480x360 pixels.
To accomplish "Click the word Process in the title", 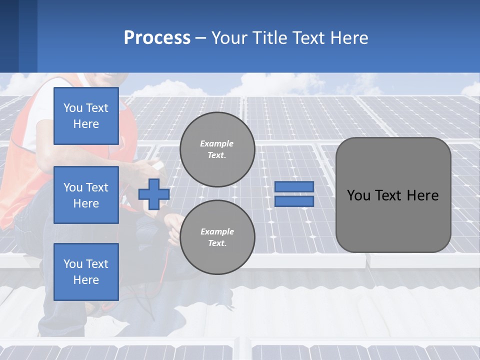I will point(157,38).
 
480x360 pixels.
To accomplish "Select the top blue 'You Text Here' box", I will point(86,116).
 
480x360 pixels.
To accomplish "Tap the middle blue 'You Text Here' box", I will point(86,195).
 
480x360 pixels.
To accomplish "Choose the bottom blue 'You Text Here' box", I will point(86,271).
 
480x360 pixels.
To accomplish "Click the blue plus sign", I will point(153,194).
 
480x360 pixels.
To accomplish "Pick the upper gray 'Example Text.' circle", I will point(217,149).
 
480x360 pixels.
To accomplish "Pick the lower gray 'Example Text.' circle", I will point(217,237).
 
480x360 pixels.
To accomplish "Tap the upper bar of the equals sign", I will point(294,187).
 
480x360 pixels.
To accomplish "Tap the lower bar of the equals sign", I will point(294,201).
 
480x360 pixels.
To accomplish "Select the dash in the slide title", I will point(200,38).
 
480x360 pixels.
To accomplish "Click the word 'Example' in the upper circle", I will point(217,143).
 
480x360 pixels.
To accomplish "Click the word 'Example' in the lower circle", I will point(217,231).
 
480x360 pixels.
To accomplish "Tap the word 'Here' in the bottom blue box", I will point(86,280).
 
